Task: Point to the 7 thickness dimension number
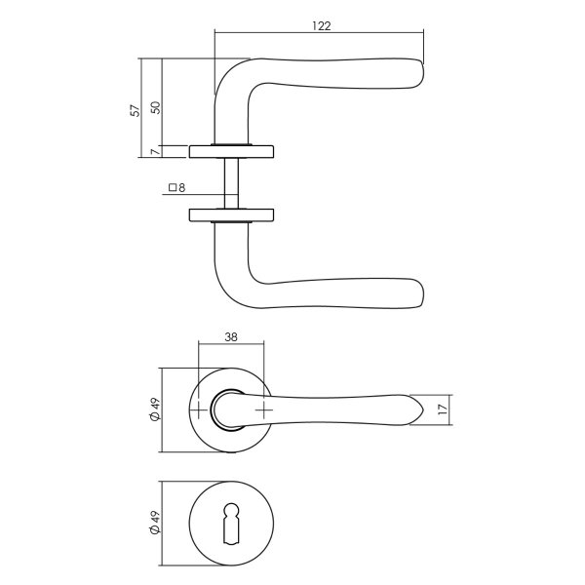point(154,151)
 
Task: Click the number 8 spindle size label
point(182,187)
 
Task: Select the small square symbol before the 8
point(172,187)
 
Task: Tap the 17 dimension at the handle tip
point(442,410)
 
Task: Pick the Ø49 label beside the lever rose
point(154,410)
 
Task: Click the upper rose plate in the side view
point(231,150)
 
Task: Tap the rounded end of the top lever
point(419,75)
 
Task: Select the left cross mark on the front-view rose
point(199,410)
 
